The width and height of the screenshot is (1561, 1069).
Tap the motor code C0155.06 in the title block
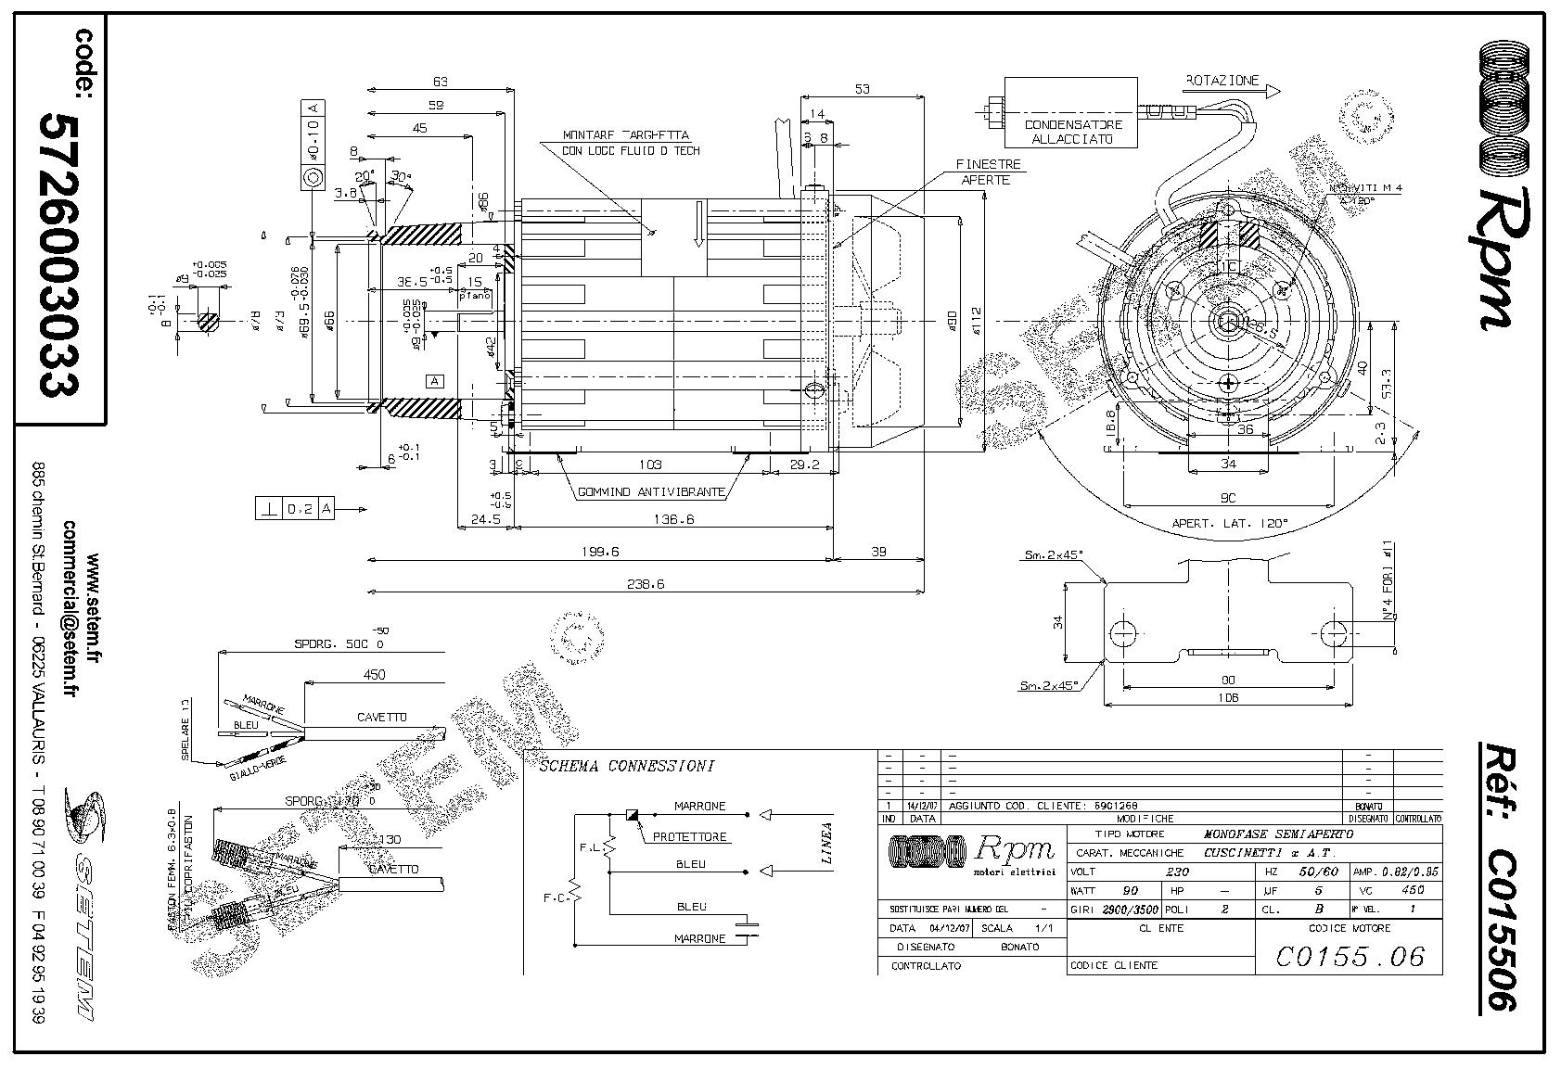point(1349,956)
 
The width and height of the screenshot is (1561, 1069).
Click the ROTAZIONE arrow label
point(1223,81)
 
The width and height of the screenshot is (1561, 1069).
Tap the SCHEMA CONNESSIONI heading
point(627,766)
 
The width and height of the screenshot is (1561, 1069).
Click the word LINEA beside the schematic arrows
point(826,843)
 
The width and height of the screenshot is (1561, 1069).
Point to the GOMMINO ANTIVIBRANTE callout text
point(651,492)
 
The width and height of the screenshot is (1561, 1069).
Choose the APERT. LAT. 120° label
point(1231,524)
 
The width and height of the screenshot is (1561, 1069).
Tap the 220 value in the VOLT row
point(1177,872)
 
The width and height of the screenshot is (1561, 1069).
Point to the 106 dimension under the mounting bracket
point(1229,697)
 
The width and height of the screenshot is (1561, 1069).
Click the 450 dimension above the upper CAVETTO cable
point(374,675)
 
